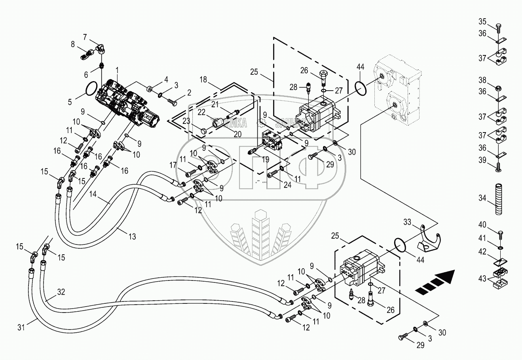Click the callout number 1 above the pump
click(x=117, y=70)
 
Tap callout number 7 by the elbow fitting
click(x=85, y=37)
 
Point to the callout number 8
click(x=73, y=45)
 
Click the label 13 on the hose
click(x=132, y=237)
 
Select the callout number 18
click(x=203, y=80)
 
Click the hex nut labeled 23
click(x=201, y=131)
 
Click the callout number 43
click(x=482, y=278)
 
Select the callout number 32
click(x=61, y=292)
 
